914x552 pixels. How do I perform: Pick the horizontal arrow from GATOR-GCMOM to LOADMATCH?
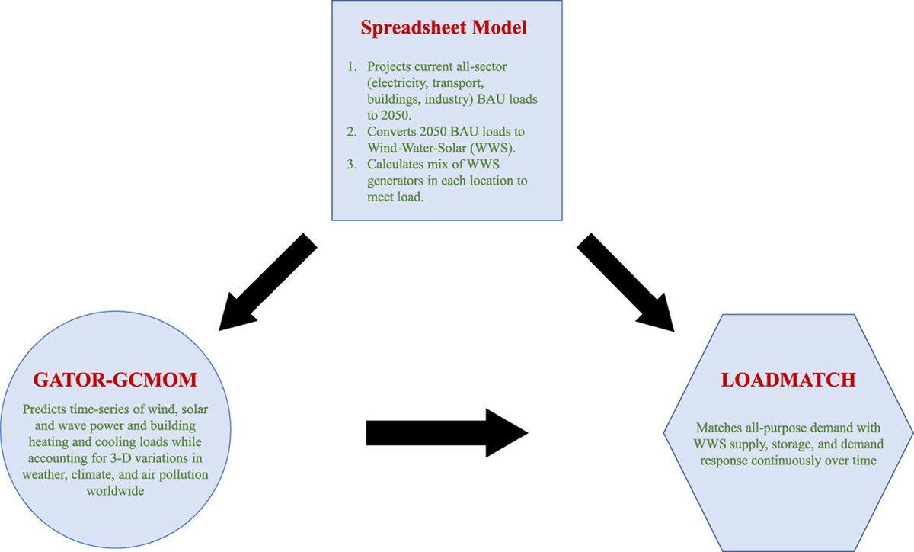tap(446, 432)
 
